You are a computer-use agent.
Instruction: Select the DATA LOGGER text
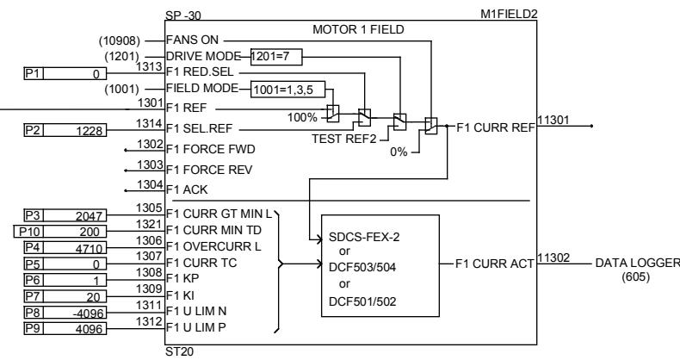(635, 262)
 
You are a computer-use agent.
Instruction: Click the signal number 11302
(553, 257)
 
